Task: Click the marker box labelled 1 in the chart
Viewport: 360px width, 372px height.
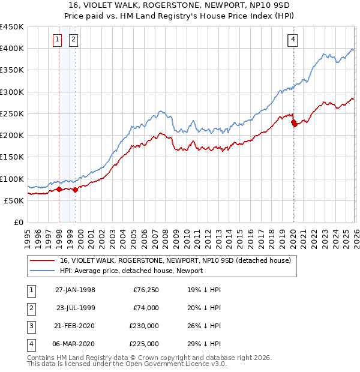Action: [x=58, y=40]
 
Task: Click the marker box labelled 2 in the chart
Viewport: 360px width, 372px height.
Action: [x=73, y=40]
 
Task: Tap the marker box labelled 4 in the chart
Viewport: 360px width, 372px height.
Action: [x=293, y=40]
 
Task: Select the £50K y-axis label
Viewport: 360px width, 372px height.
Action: [x=14, y=201]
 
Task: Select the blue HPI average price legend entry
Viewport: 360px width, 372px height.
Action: [x=131, y=271]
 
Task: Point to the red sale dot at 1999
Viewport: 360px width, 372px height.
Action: [x=75, y=190]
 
